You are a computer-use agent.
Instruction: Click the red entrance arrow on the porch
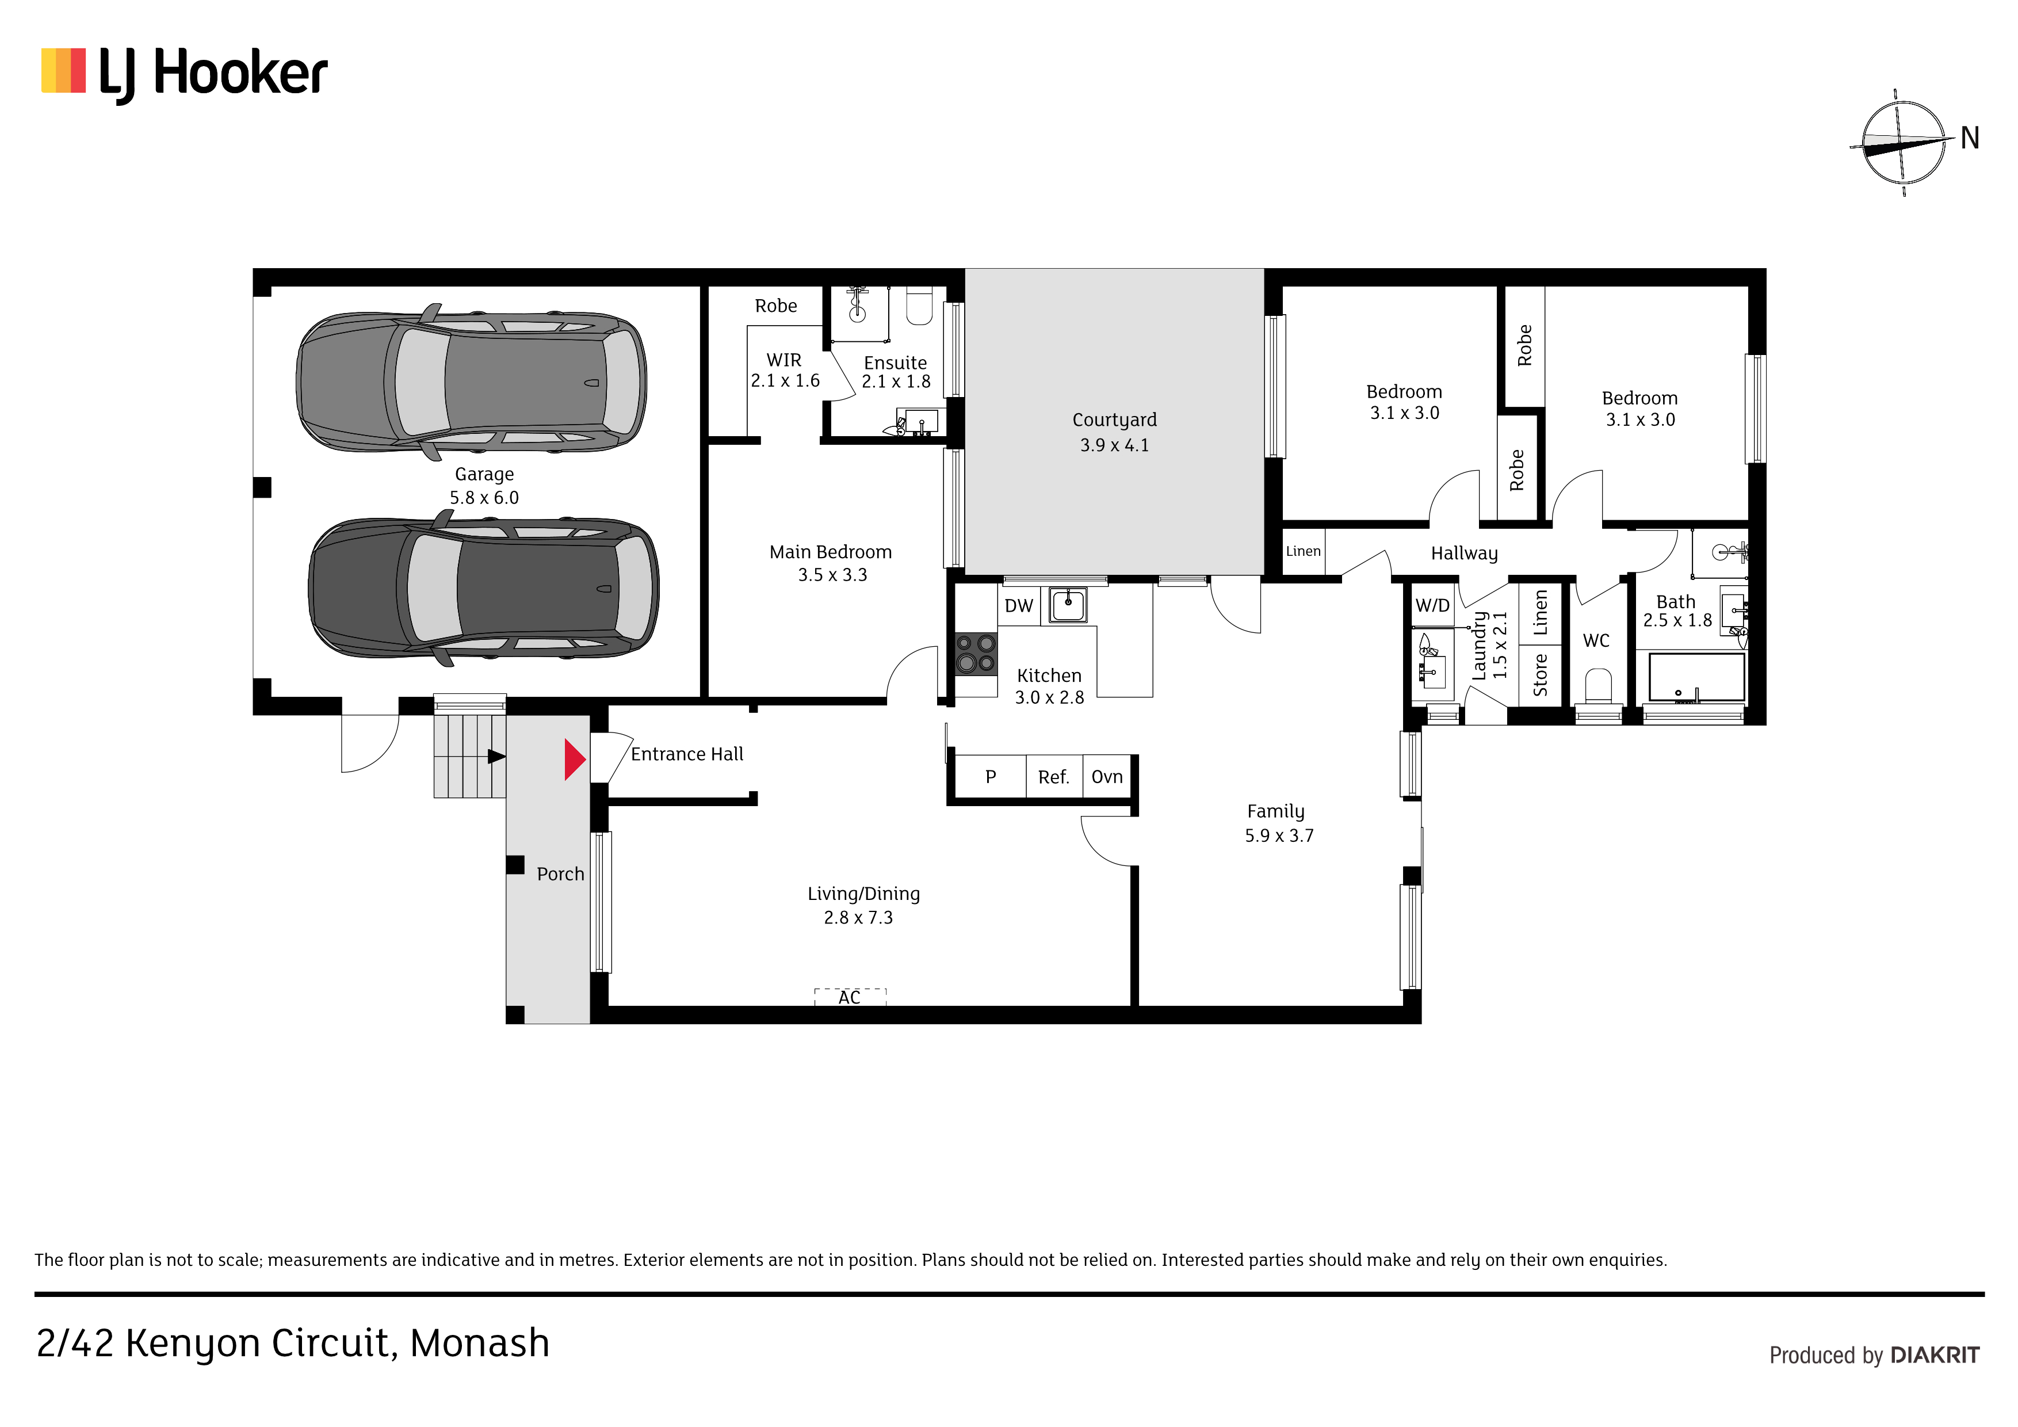pyautogui.click(x=575, y=760)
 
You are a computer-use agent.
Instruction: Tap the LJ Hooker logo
pyautogui.click(x=185, y=74)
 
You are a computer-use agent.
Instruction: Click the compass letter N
pyautogui.click(x=1970, y=138)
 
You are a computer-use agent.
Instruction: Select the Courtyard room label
pyautogui.click(x=1114, y=420)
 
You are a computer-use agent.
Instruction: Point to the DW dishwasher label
pyautogui.click(x=1019, y=606)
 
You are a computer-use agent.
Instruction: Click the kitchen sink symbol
pyautogui.click(x=1068, y=605)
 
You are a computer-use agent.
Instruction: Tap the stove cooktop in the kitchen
pyautogui.click(x=976, y=653)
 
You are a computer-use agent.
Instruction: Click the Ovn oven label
pyautogui.click(x=1107, y=777)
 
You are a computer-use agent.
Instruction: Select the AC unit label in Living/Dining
pyautogui.click(x=849, y=997)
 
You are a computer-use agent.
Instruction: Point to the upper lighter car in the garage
pyautogui.click(x=472, y=383)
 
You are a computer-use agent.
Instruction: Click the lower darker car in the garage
pyautogui.click(x=483, y=587)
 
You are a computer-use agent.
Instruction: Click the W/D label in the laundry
pyautogui.click(x=1432, y=606)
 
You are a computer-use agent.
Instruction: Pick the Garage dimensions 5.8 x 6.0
pyautogui.click(x=484, y=498)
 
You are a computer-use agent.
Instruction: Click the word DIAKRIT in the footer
pyautogui.click(x=1935, y=1355)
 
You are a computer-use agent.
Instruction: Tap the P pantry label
pyautogui.click(x=991, y=777)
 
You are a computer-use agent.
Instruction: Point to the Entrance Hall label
pyautogui.click(x=687, y=754)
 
